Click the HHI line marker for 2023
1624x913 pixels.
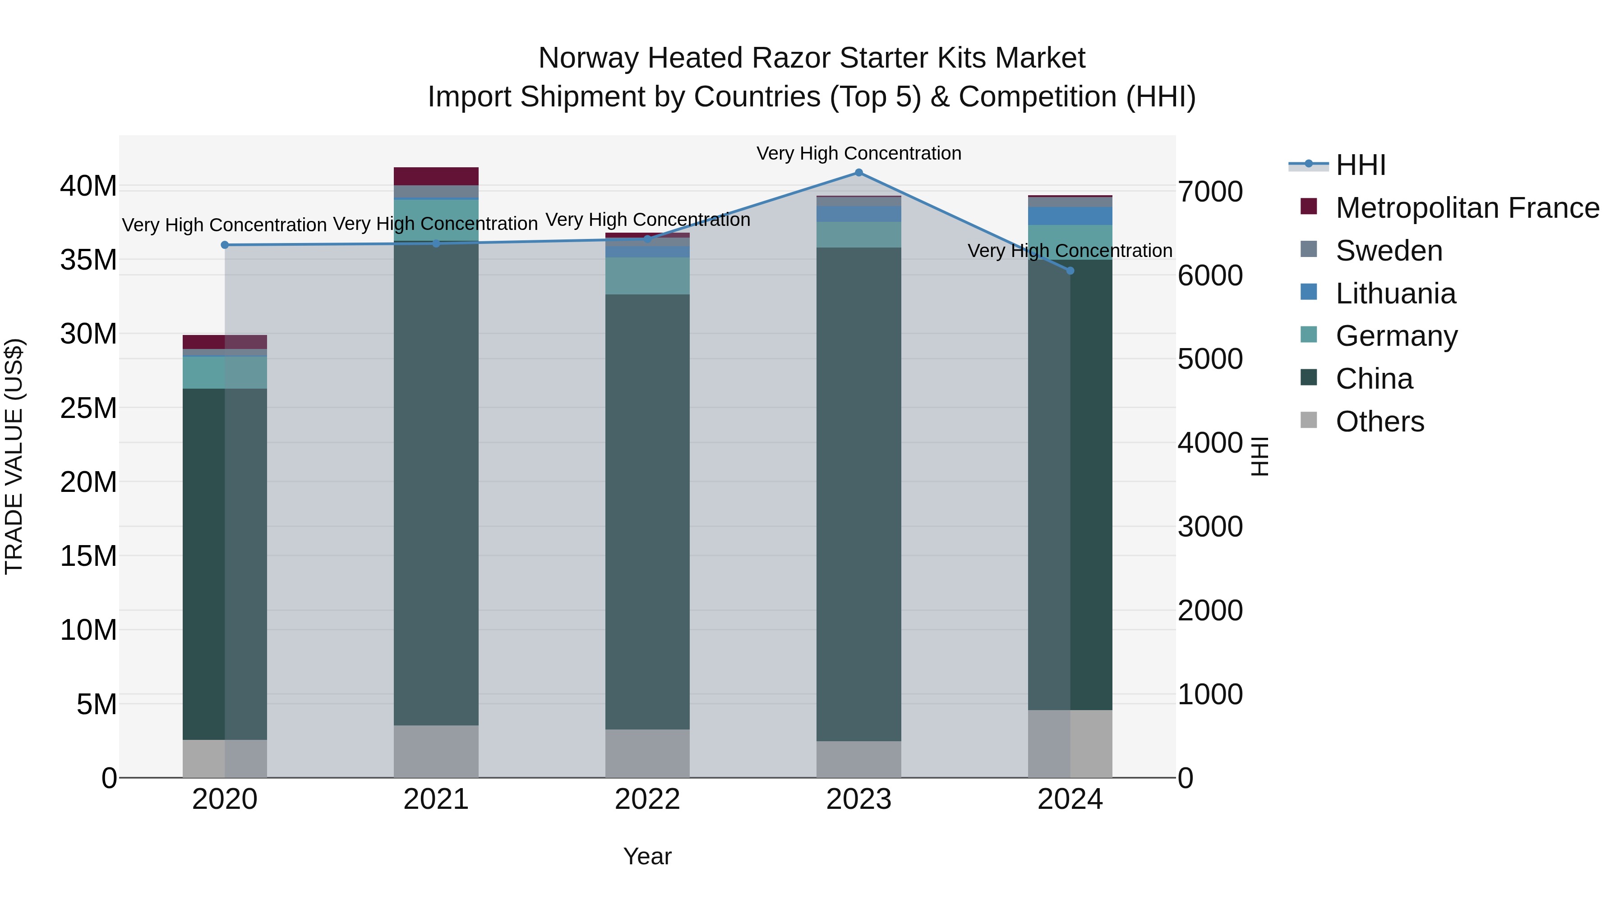pyautogui.click(x=858, y=173)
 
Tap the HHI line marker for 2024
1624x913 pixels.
pyautogui.click(x=1070, y=271)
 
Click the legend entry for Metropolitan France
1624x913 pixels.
pyautogui.click(x=1467, y=208)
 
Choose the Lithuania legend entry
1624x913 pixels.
pyautogui.click(x=1395, y=294)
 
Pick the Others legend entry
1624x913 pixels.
pyautogui.click(x=1379, y=422)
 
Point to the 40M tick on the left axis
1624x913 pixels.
pyautogui.click(x=88, y=187)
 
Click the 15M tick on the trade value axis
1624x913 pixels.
pyautogui.click(x=88, y=556)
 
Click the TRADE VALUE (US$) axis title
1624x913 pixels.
pyautogui.click(x=14, y=456)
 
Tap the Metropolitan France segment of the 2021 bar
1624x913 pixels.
pyautogui.click(x=436, y=176)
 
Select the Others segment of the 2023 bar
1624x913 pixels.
pyautogui.click(x=858, y=759)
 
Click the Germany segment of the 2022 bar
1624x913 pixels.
pyautogui.click(x=647, y=276)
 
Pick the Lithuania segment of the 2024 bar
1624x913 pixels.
pyautogui.click(x=1070, y=216)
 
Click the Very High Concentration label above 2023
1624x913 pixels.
pyautogui.click(x=858, y=154)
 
